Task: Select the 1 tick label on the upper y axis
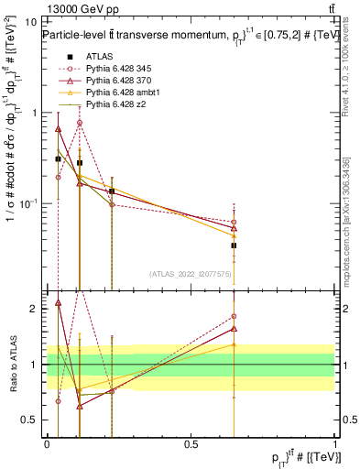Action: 35,113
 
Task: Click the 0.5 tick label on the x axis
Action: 191,442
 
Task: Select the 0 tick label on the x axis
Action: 47,442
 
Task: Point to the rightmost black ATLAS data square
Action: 234,245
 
